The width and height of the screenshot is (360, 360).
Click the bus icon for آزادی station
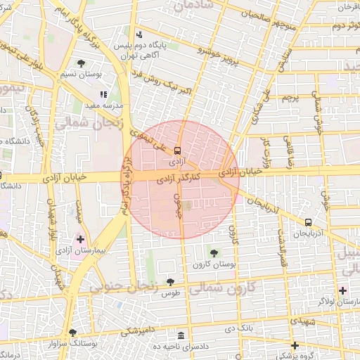177,150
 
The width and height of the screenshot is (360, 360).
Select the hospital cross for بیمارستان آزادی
80,239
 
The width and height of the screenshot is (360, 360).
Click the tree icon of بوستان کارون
214,252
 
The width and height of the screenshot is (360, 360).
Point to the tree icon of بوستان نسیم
83,63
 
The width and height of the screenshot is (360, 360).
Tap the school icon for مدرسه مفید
103,94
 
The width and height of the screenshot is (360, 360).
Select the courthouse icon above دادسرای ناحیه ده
182,335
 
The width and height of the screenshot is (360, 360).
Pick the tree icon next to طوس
170,282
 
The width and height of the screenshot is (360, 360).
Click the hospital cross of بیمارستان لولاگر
342,290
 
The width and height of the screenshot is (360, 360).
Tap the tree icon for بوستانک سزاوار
72,333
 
